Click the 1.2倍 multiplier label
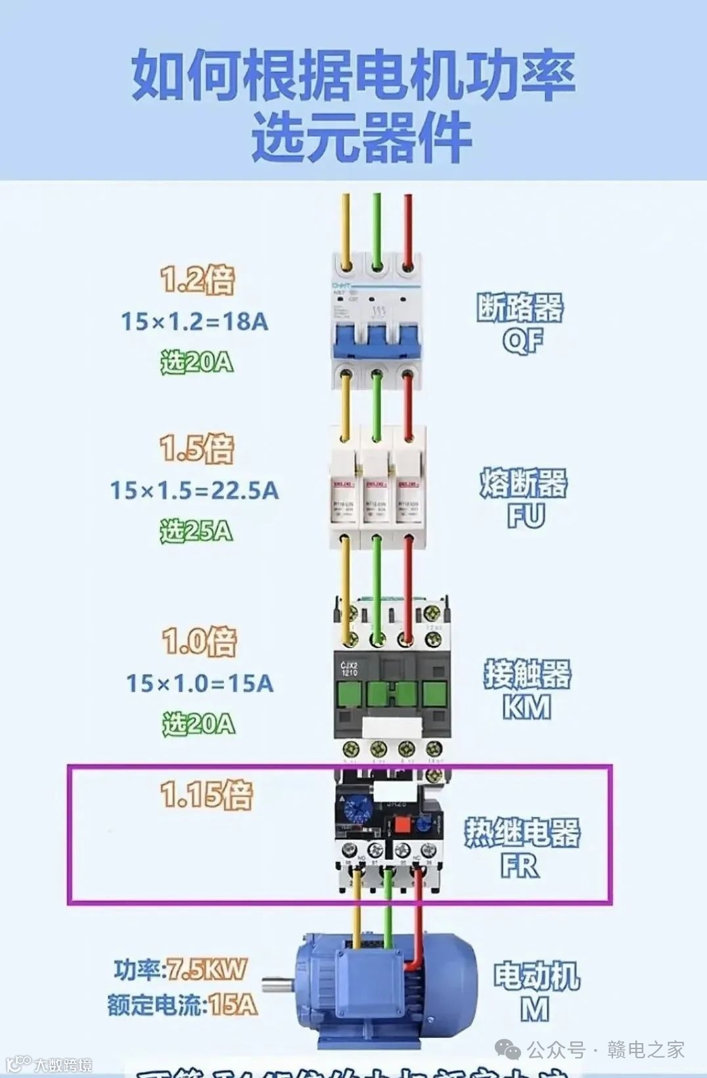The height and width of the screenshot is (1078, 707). (x=197, y=280)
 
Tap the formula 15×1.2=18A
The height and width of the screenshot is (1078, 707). (x=194, y=322)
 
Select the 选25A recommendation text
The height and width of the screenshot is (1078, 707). (x=196, y=531)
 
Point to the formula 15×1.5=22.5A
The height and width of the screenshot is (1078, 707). (x=194, y=491)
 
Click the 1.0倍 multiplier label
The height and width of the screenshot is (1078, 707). (x=199, y=641)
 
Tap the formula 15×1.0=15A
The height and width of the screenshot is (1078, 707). (x=200, y=683)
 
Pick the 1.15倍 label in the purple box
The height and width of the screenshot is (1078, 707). (x=206, y=794)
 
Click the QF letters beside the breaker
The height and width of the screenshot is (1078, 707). (x=523, y=341)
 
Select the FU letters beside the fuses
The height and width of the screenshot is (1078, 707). (x=526, y=516)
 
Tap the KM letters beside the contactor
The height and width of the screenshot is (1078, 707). (x=526, y=708)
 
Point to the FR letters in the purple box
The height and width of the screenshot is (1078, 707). (x=520, y=866)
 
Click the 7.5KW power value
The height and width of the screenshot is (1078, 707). (x=206, y=969)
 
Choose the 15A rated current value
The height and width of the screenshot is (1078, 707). (x=233, y=1005)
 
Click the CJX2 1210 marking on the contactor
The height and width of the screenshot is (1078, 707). (x=349, y=669)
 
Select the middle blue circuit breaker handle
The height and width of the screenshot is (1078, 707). (x=376, y=339)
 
